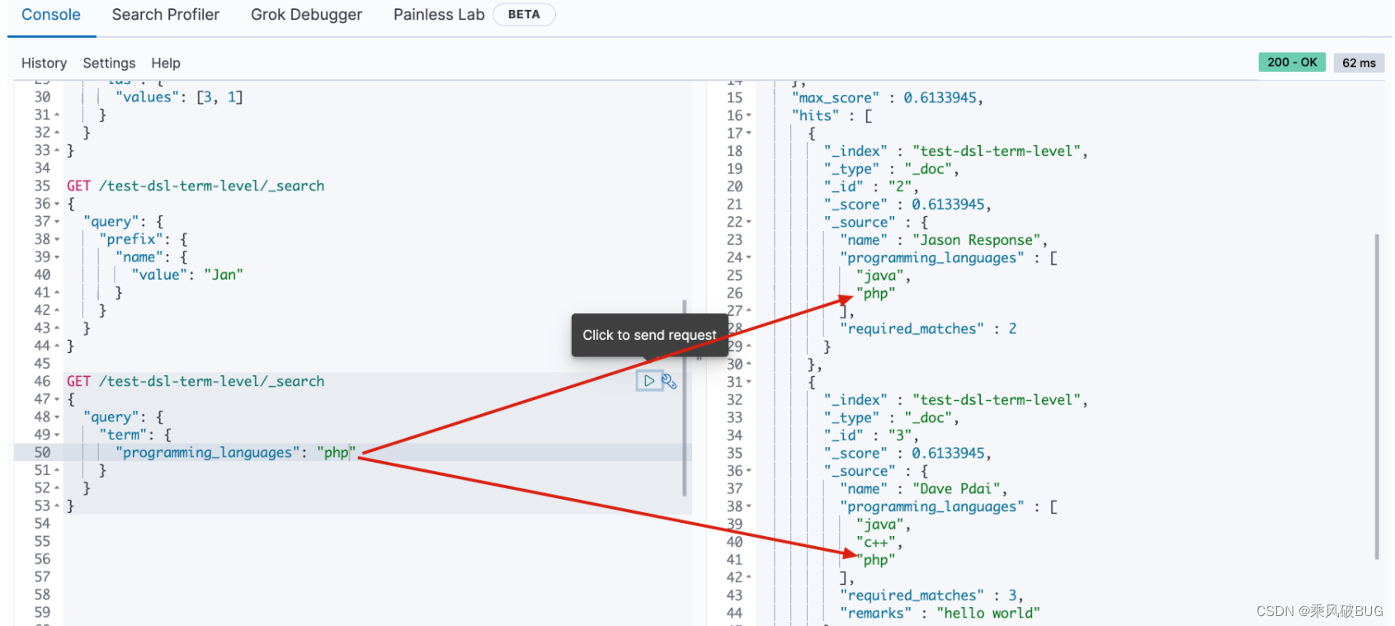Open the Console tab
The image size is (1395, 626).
coord(50,15)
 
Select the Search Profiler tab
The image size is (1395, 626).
coord(166,15)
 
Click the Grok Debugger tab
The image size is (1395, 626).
coord(306,15)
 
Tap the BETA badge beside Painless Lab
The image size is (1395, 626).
coord(524,15)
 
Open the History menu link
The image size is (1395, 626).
coord(44,64)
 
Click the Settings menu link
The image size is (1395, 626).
coord(109,64)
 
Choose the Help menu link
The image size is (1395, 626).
coord(166,64)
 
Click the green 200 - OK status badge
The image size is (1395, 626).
coord(1292,63)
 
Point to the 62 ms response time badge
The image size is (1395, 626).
coord(1359,63)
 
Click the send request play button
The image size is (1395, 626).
coord(649,381)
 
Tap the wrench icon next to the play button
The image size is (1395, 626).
coord(669,382)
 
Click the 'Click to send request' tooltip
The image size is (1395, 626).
coord(649,335)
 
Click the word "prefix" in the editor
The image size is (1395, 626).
coord(132,239)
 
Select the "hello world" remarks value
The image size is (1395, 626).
coord(988,613)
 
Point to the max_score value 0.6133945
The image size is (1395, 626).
coord(940,98)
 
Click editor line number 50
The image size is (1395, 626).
coord(42,453)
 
